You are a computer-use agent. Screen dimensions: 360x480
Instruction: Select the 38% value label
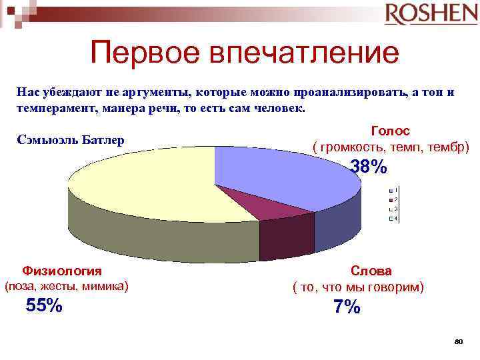point(369,167)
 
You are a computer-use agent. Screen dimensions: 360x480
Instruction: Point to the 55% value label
point(44,306)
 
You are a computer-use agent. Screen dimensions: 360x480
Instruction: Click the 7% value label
point(347,307)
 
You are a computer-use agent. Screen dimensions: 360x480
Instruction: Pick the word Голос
point(390,131)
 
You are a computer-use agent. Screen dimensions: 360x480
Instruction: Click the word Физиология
point(62,271)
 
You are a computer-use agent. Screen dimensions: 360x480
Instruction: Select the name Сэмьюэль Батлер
point(71,141)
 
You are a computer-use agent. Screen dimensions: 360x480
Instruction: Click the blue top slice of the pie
point(280,177)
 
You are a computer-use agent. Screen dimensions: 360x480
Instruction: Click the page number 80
point(458,341)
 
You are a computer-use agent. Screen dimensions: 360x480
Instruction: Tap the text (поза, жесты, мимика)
point(66,287)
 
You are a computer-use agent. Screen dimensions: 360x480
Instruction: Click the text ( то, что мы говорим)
point(359,287)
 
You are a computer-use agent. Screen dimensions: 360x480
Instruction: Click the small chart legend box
point(393,205)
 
